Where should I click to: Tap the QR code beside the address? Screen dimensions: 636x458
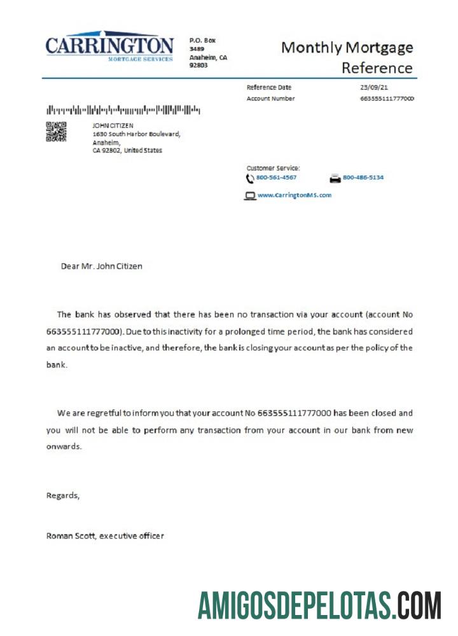[x=56, y=131]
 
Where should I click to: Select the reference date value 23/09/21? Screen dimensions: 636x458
[x=373, y=87]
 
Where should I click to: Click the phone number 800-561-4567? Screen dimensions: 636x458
[x=276, y=177]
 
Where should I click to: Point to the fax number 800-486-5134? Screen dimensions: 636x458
[x=363, y=177]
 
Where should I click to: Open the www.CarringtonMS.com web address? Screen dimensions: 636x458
[x=295, y=195]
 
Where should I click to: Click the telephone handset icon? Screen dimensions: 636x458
[x=250, y=178]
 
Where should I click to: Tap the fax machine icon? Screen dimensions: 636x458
[x=335, y=178]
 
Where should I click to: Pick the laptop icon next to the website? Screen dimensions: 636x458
[x=250, y=196]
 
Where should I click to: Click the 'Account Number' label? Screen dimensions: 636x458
[x=270, y=99]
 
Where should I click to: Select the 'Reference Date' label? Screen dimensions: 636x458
[x=268, y=87]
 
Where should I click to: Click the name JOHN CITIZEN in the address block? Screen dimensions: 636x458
[x=113, y=125]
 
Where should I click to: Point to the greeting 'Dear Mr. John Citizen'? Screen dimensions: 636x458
[x=102, y=266]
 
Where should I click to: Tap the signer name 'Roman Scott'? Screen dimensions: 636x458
[x=71, y=536]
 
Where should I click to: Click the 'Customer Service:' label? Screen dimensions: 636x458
[x=273, y=168]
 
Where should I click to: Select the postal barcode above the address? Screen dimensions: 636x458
[x=123, y=109]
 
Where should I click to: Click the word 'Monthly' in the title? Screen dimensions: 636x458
[x=311, y=48]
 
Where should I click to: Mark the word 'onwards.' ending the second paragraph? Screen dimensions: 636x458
[x=64, y=446]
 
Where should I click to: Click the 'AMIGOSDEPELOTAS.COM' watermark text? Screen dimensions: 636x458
[x=319, y=605]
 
